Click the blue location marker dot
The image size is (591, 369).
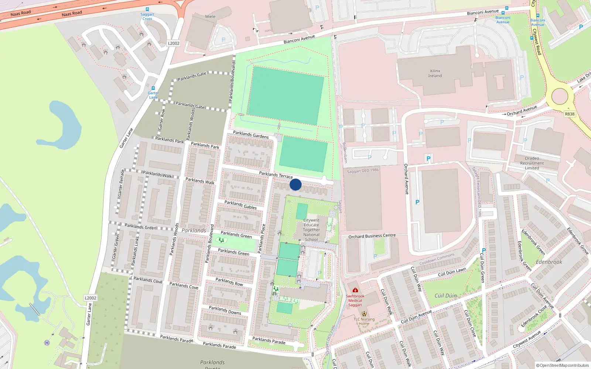(x=295, y=184)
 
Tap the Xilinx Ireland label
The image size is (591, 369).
(x=435, y=73)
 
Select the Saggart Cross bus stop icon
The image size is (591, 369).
(x=147, y=10)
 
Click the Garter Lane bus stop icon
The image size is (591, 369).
(x=153, y=88)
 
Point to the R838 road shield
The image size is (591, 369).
(x=570, y=114)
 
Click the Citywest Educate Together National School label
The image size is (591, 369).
(x=311, y=230)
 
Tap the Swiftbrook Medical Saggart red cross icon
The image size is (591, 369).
(x=355, y=290)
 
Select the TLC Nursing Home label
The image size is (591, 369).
(x=364, y=321)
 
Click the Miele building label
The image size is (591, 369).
(x=210, y=17)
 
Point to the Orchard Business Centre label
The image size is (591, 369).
(x=372, y=236)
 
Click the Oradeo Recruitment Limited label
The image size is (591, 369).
(x=532, y=163)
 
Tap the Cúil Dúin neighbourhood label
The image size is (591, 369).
(x=445, y=296)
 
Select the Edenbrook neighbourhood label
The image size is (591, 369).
(x=549, y=262)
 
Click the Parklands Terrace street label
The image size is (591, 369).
(x=276, y=175)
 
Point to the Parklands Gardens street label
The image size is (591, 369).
(x=251, y=135)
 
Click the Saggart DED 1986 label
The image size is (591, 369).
(x=363, y=170)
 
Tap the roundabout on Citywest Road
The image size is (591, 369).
(x=560, y=97)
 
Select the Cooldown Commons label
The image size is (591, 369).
(x=437, y=259)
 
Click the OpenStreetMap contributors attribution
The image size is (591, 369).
(x=563, y=365)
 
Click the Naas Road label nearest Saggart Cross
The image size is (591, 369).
(x=72, y=14)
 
